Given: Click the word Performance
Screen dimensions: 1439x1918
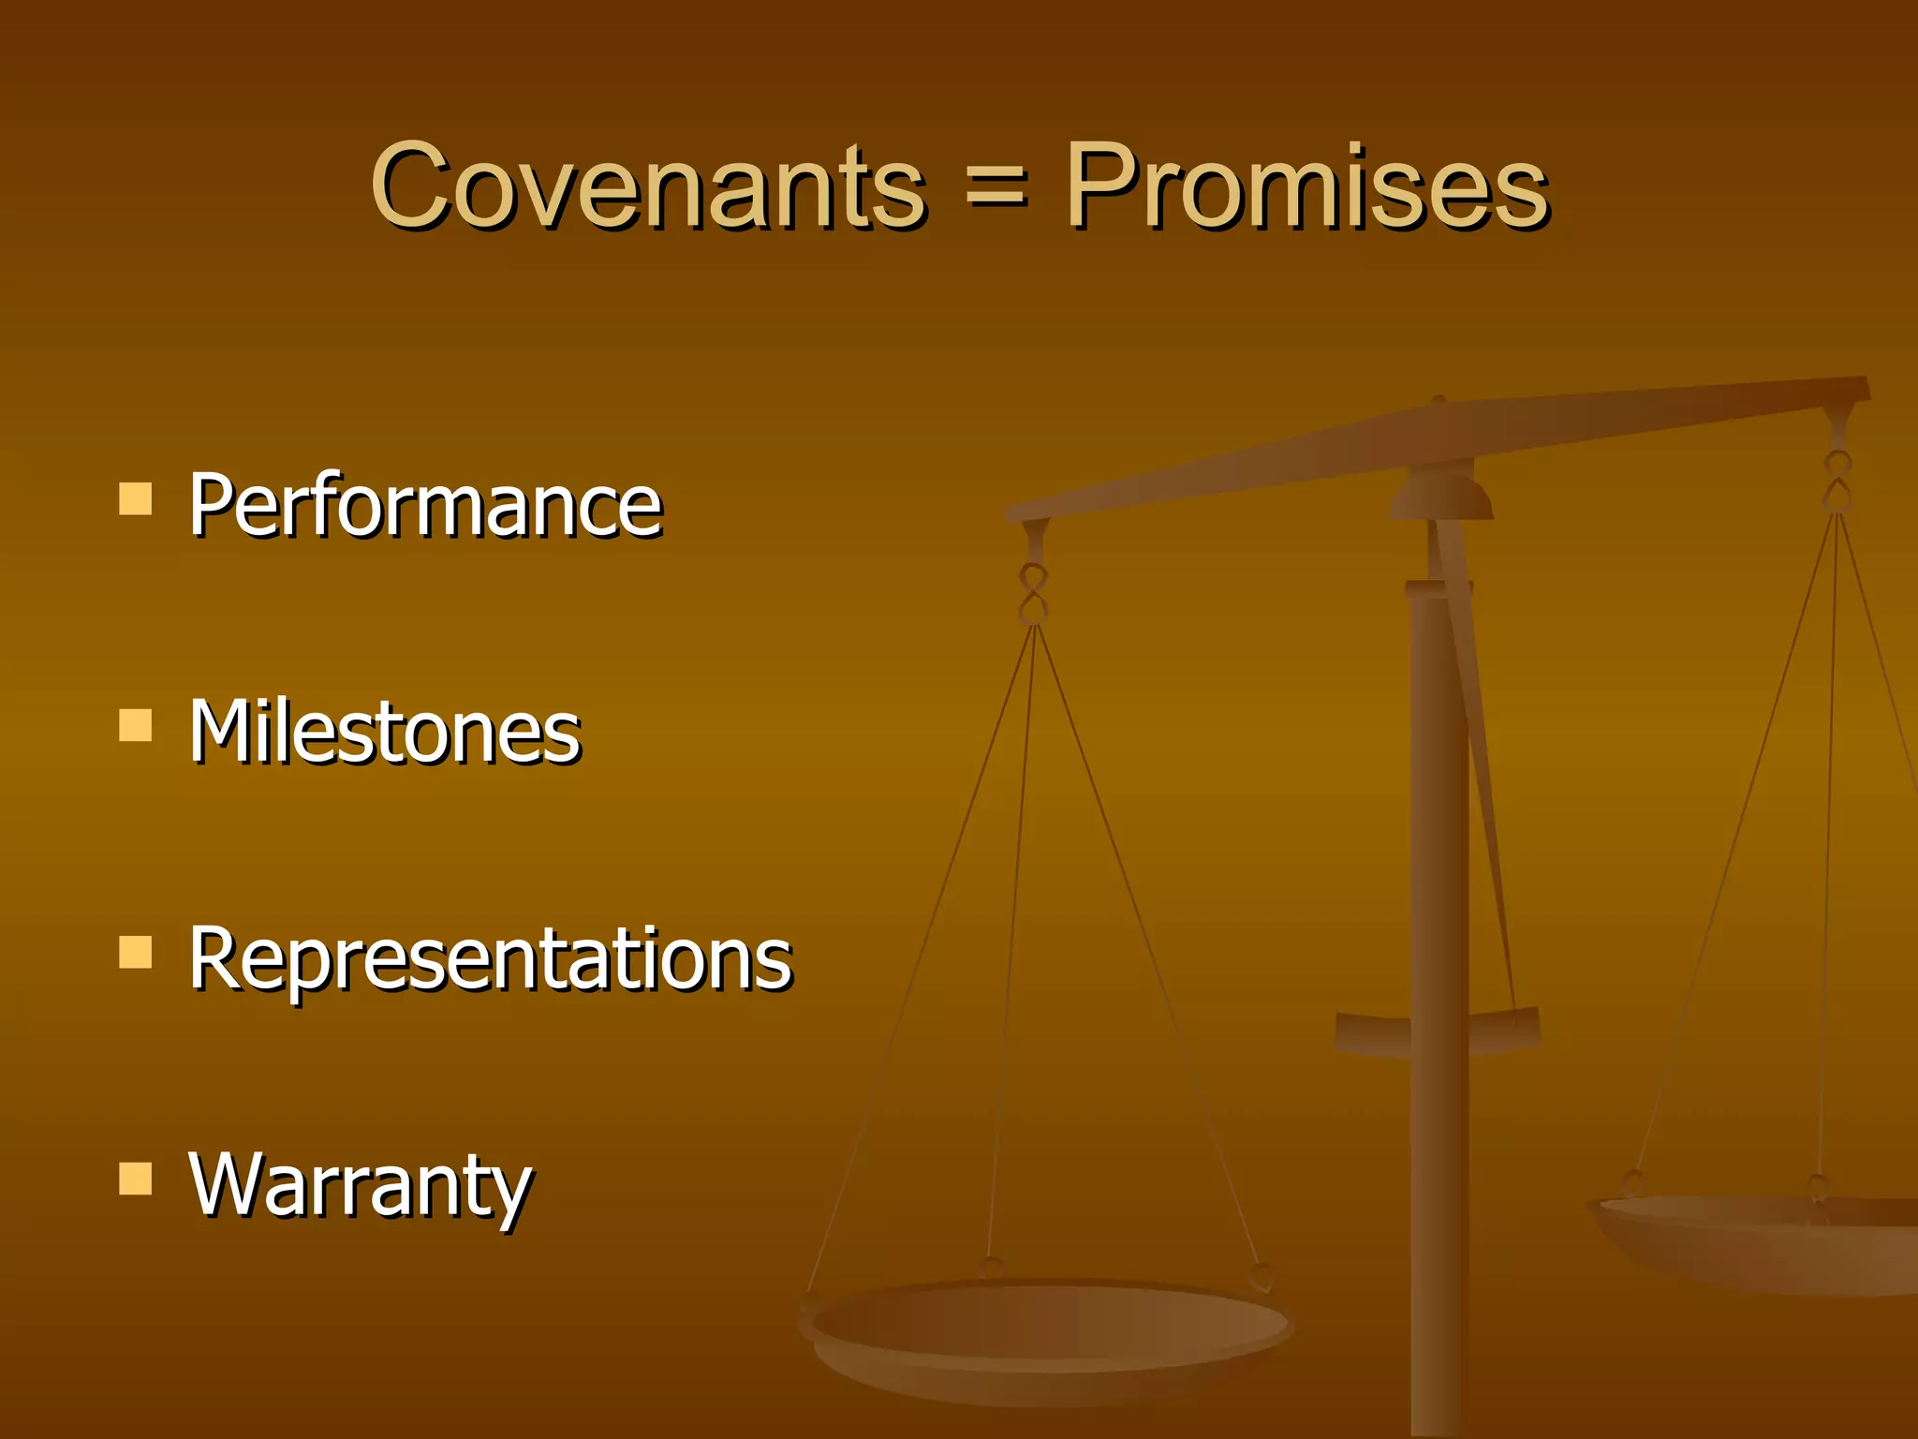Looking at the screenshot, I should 426,506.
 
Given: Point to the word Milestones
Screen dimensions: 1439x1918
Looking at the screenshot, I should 385,732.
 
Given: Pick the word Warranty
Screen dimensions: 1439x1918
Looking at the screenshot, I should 361,1185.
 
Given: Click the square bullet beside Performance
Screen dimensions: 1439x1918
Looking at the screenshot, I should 136,499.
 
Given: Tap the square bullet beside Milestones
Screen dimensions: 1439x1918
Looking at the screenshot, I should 136,725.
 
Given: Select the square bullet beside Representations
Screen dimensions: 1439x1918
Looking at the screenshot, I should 136,952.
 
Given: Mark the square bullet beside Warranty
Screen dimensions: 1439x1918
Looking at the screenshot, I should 136,1179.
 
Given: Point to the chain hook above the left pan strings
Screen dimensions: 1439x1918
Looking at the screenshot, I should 1033,593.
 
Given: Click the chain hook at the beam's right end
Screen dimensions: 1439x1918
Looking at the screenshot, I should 1837,480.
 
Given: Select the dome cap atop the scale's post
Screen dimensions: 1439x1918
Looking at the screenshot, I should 1441,497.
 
